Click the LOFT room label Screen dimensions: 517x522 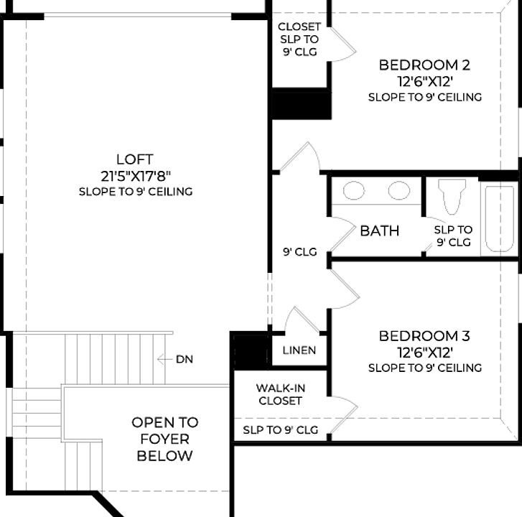[135, 159]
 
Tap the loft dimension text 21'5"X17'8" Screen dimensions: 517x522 [135, 175]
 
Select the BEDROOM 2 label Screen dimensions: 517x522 [424, 65]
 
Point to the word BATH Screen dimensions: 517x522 [380, 231]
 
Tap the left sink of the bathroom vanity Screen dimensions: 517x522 [353, 190]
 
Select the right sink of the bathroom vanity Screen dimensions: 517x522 [399, 190]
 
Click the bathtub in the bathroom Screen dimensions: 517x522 [499, 218]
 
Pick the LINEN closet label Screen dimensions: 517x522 [299, 351]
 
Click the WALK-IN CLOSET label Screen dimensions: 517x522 [279, 394]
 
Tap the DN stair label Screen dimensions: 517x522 [184, 359]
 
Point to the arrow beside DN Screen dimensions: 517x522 [164, 359]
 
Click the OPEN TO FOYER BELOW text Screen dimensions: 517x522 [164, 439]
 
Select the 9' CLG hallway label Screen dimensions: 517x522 [299, 252]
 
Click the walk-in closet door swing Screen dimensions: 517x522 [343, 415]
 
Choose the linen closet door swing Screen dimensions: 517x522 [297, 321]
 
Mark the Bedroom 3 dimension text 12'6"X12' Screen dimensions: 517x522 [424, 352]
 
